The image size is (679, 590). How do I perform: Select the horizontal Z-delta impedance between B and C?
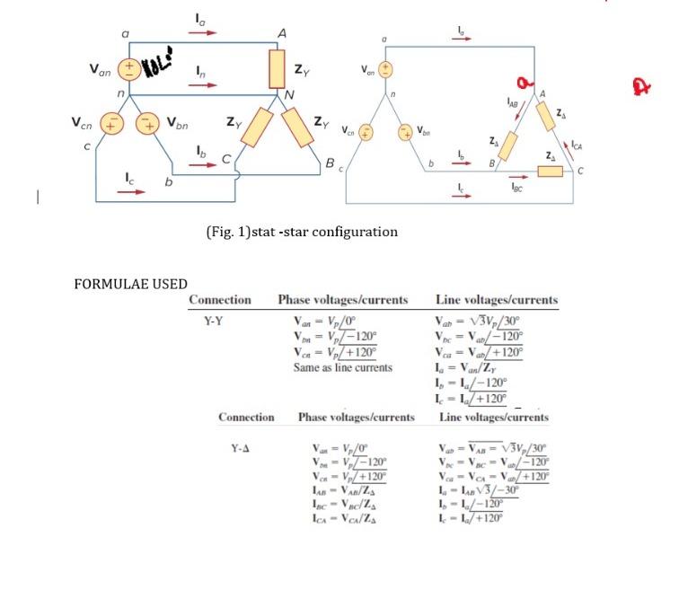(x=551, y=171)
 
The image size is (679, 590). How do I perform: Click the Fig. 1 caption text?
(x=302, y=232)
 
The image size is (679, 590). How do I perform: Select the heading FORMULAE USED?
(x=131, y=285)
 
